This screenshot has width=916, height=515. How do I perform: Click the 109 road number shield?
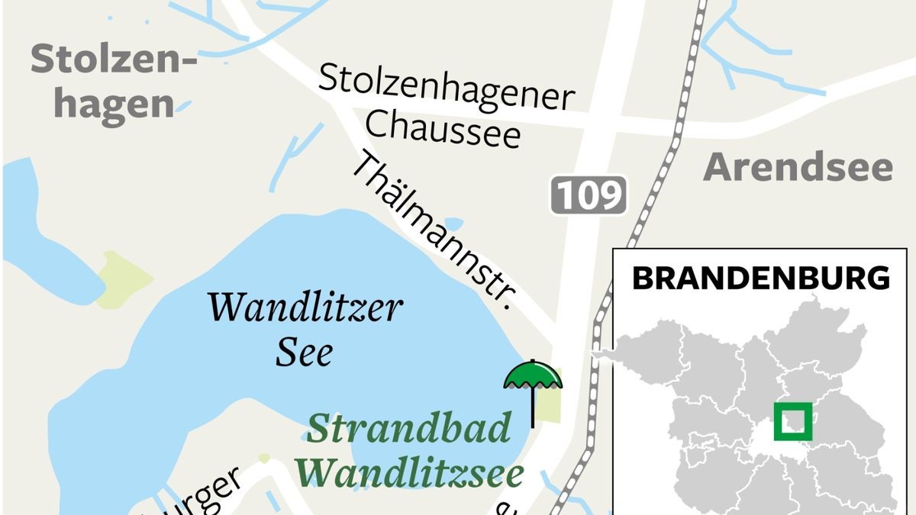(x=589, y=195)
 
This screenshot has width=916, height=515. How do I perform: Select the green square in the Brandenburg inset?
(x=793, y=422)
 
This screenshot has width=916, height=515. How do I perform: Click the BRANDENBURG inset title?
(x=761, y=278)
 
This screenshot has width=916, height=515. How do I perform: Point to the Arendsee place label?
(x=798, y=168)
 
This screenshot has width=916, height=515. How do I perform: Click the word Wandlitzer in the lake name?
(x=305, y=307)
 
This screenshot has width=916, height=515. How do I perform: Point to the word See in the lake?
(x=304, y=352)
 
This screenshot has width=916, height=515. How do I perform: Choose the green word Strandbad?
(x=408, y=430)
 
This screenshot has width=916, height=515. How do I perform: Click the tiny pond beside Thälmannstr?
(x=453, y=224)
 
